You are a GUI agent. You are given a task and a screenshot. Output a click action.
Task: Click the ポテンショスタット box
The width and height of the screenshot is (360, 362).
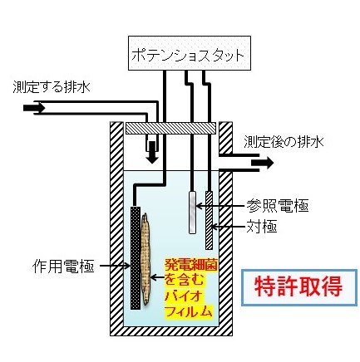tap(190, 53)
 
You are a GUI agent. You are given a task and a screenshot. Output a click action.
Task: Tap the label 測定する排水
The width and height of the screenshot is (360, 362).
tap(52, 87)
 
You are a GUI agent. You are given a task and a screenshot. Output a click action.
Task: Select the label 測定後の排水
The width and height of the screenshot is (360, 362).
tap(284, 142)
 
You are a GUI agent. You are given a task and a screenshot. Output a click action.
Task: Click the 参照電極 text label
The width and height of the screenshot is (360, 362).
tap(278, 206)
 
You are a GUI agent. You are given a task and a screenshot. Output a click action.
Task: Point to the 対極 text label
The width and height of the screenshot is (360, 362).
tap(262, 227)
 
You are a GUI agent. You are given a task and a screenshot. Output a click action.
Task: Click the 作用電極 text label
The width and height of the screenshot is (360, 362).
tap(63, 267)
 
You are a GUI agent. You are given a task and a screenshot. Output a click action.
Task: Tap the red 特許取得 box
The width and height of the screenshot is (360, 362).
tap(299, 287)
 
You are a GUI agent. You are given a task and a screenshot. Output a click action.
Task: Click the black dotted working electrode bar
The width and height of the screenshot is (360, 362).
tap(136, 258)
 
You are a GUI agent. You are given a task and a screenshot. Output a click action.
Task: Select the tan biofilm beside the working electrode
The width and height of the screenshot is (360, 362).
tap(145, 259)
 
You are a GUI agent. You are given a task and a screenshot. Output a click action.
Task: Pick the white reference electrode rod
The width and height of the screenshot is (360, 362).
tap(192, 212)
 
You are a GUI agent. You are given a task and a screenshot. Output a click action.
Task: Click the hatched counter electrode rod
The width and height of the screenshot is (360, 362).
tap(209, 220)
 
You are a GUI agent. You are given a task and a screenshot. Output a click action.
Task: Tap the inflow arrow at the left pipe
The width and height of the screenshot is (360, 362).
tap(34, 108)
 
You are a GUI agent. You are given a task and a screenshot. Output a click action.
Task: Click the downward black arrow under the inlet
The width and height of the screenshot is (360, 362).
tap(152, 153)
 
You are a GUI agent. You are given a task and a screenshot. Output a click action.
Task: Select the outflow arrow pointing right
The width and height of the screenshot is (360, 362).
tap(263, 163)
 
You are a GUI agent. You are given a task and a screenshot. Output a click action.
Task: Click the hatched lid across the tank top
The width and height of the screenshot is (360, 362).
tap(170, 128)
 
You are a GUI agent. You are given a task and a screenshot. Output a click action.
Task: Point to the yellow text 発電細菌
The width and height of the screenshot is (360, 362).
tap(191, 265)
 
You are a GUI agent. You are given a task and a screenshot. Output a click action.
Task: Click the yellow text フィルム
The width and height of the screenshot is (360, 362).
tap(189, 311)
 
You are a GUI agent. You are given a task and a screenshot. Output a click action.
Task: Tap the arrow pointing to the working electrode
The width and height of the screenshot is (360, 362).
tap(115, 266)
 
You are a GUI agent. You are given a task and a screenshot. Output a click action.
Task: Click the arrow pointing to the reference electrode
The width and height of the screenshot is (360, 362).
tap(220, 206)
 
